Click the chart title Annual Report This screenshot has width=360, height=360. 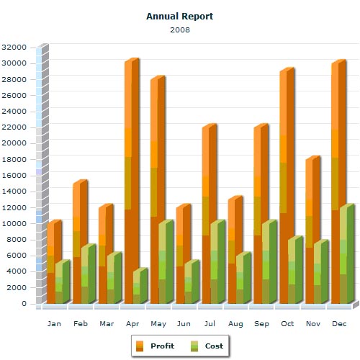click(x=179, y=16)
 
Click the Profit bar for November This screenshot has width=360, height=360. click(x=310, y=230)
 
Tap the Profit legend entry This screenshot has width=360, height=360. click(x=154, y=346)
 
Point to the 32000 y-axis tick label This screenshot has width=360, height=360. click(x=14, y=47)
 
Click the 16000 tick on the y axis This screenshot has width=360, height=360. click(x=14, y=175)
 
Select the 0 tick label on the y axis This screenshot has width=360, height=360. click(x=24, y=303)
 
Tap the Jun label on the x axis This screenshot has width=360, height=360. click(x=184, y=324)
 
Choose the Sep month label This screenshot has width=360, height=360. click(x=261, y=324)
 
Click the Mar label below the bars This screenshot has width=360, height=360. click(x=106, y=324)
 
